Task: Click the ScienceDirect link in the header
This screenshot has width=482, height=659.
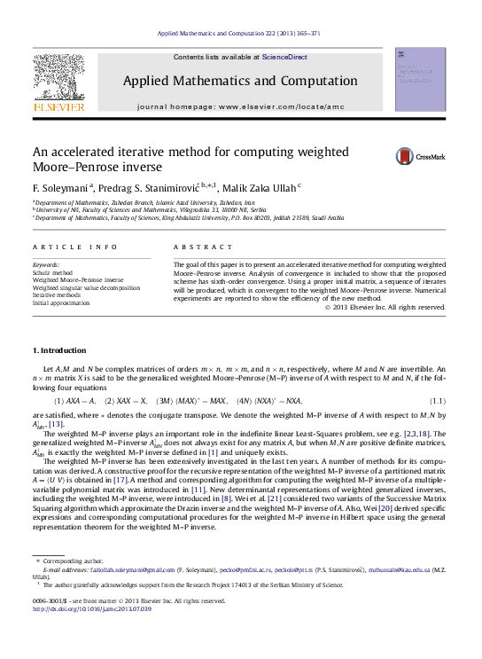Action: point(284,57)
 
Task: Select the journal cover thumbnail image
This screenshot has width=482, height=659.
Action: point(421,81)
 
